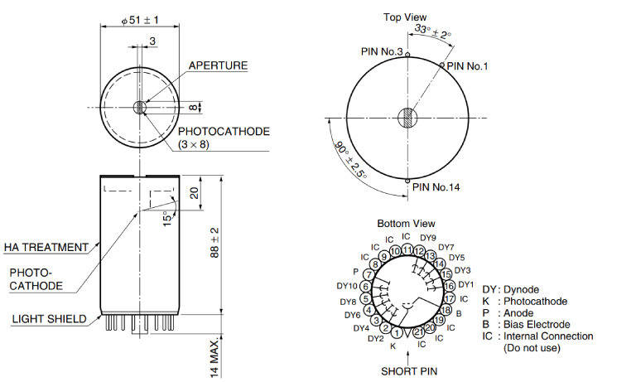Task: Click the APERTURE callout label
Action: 219,65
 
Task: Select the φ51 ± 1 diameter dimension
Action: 140,20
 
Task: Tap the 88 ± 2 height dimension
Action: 214,243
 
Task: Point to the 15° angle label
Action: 168,218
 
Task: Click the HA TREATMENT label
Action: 46,247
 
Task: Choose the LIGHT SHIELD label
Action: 50,319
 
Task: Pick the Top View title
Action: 405,17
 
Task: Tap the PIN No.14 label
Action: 436,187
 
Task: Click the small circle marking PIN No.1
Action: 442,65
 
